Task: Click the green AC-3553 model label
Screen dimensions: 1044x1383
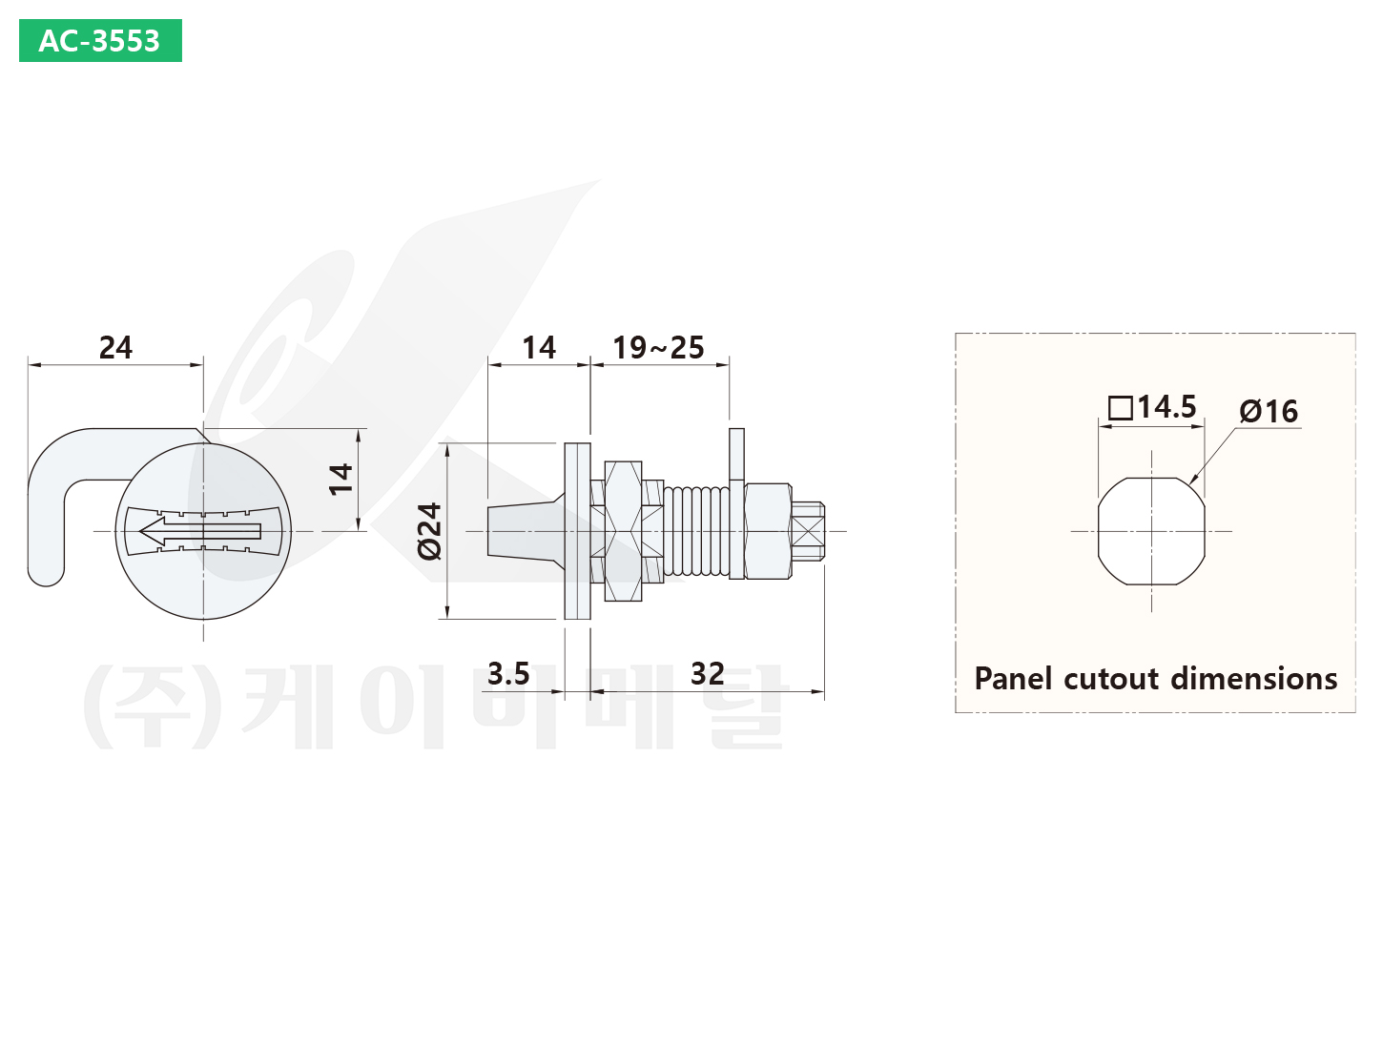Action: pos(100,41)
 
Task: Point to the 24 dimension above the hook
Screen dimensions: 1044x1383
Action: pos(115,347)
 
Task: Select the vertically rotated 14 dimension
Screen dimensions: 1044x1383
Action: pos(341,479)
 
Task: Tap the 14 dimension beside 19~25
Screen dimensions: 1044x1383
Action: pos(539,347)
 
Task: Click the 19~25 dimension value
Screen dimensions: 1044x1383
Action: pos(658,347)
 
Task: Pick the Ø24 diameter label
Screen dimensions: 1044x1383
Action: pos(430,531)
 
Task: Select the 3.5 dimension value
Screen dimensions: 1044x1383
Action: pos(508,673)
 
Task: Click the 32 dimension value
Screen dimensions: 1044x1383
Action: pos(708,673)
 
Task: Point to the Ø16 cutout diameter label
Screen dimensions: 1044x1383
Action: pos(1269,411)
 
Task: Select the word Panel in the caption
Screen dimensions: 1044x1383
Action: pos(1014,679)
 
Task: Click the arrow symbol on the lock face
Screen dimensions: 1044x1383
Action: pos(201,531)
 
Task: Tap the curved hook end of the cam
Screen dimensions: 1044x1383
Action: pos(47,563)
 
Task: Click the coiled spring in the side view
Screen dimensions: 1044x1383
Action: pos(695,531)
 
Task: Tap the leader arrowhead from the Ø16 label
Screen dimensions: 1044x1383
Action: pos(1193,481)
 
